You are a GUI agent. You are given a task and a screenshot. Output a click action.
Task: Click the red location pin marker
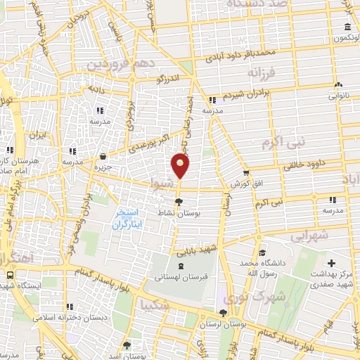(181, 166)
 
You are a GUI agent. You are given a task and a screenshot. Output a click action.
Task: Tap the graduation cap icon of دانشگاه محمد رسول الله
(262, 253)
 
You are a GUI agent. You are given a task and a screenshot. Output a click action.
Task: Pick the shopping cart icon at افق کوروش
(245, 173)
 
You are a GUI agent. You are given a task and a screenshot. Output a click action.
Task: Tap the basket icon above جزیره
(103, 157)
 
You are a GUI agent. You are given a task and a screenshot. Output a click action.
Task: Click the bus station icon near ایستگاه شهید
(10, 275)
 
